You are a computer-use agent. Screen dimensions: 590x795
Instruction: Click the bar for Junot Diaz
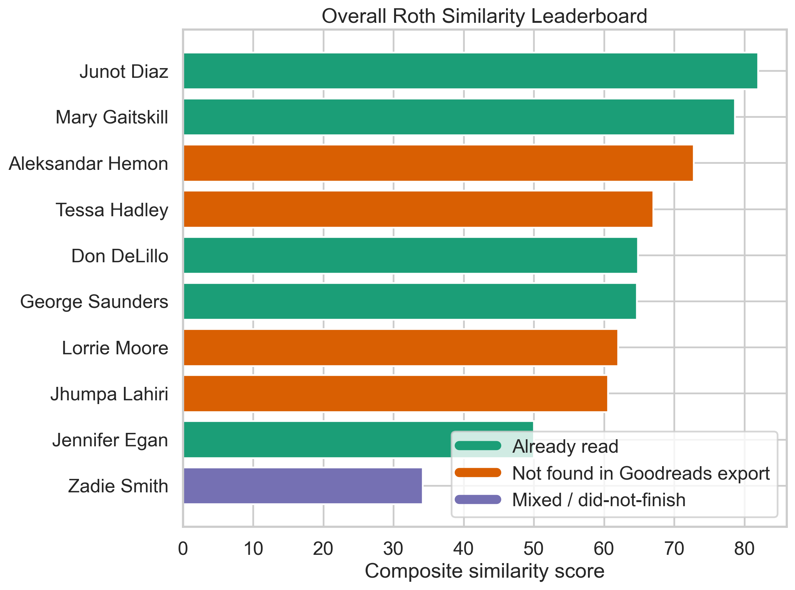point(470,71)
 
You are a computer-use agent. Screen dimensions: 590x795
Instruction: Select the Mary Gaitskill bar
point(459,117)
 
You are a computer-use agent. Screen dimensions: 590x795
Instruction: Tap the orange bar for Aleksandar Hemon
point(438,163)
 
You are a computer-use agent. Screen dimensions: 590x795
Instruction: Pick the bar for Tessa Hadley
point(418,209)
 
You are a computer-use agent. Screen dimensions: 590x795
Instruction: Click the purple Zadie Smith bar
point(302,486)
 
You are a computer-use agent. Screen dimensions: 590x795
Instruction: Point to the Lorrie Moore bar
point(400,347)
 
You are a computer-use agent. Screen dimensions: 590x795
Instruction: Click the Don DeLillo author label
point(120,256)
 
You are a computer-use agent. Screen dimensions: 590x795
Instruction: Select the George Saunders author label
point(94,302)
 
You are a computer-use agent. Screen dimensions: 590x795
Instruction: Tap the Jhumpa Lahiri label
point(109,394)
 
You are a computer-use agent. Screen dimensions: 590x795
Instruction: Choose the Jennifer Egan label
point(110,440)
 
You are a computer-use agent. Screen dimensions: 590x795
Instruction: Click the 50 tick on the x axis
point(534,549)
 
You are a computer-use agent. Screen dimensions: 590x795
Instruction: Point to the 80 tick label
point(744,549)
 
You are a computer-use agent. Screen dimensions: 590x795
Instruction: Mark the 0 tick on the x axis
point(183,549)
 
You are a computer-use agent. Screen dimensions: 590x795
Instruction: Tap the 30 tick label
point(393,549)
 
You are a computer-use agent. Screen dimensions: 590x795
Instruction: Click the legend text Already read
point(565,446)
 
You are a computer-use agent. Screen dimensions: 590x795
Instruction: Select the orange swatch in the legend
point(478,473)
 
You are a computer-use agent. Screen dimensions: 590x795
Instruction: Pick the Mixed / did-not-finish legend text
point(599,500)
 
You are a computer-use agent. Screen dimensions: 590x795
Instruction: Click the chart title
point(484,16)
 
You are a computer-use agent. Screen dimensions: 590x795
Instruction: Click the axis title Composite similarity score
point(484,571)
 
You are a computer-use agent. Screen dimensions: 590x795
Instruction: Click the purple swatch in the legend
point(478,499)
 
